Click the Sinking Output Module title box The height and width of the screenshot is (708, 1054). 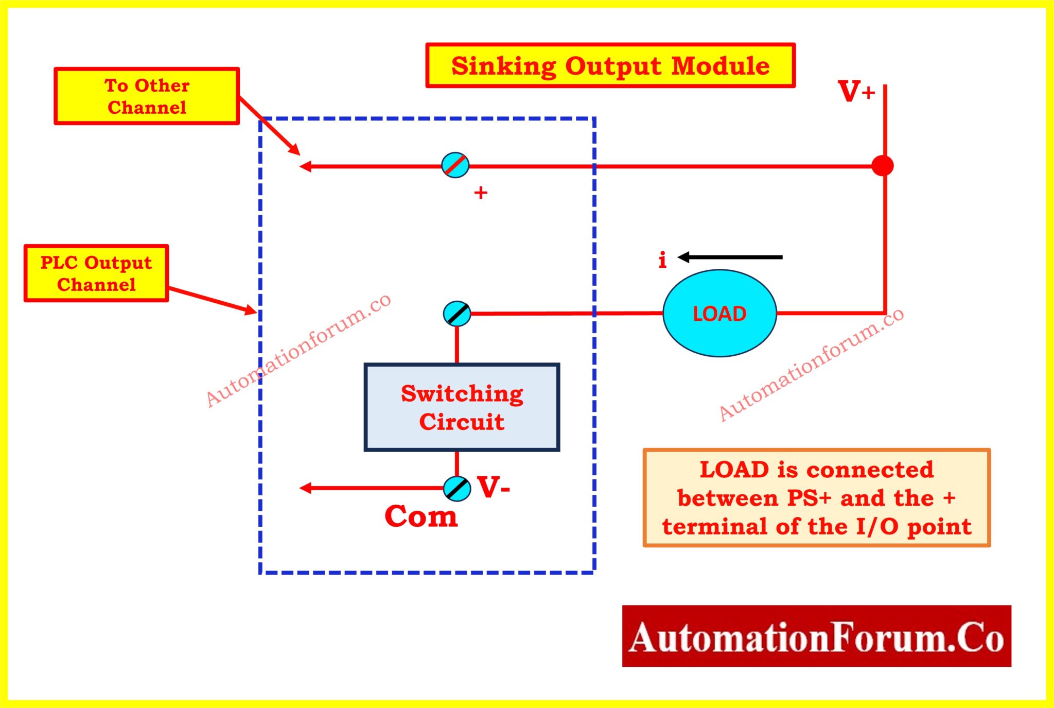point(610,66)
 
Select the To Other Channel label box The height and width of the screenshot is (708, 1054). point(147,96)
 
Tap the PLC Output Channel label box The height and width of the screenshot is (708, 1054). point(96,273)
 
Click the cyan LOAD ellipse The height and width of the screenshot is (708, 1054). point(719,313)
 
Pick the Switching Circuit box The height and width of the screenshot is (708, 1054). point(462,407)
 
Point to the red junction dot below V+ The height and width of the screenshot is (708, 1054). point(883,166)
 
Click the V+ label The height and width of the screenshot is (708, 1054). point(855,92)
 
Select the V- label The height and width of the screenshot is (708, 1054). point(493,487)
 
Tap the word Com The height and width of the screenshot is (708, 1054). point(421,516)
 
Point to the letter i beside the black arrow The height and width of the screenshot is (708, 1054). point(662,260)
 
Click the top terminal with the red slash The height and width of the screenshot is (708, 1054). point(455,165)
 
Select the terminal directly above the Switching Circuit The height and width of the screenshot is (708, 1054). point(457,314)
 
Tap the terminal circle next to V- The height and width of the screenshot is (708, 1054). point(457,489)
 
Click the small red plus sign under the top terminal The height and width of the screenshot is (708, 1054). point(481,193)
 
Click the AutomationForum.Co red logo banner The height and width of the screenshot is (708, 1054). point(816,636)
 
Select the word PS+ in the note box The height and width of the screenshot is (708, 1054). point(809,498)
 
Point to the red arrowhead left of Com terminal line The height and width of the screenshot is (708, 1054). point(305,488)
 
